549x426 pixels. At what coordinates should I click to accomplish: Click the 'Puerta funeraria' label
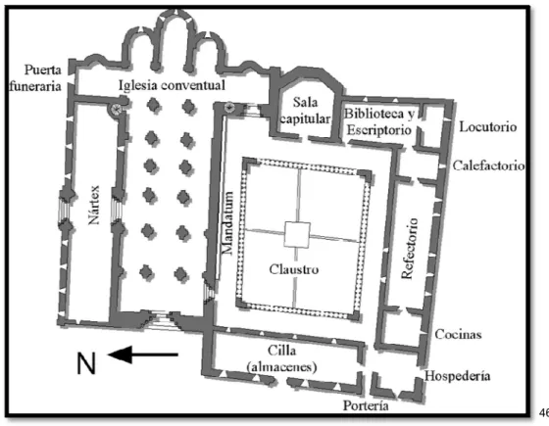point(35,77)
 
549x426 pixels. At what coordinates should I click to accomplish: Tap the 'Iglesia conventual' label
point(172,85)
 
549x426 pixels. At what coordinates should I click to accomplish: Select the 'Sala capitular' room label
point(305,111)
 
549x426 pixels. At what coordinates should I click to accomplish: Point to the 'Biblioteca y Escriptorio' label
point(379,121)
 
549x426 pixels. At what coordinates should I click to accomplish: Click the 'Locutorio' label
point(488,126)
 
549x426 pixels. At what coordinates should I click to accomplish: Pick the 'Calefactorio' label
point(488,166)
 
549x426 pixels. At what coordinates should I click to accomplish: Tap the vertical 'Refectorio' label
point(410,249)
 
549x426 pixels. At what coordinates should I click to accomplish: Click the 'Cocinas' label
point(458,334)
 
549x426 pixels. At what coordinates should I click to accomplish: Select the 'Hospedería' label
point(457,376)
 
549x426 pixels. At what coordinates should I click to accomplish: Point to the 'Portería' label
point(366,405)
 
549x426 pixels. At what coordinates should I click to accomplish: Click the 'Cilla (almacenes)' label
point(282,358)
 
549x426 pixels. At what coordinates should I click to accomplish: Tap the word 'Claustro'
point(294,269)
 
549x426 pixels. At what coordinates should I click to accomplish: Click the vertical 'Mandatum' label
point(227,223)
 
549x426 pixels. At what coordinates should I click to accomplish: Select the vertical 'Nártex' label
point(94,205)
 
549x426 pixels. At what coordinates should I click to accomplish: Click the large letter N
point(86,363)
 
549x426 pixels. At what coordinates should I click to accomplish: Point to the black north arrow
point(143,355)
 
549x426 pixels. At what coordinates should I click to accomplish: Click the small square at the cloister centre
point(297,235)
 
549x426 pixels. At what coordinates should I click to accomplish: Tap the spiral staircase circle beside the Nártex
point(116,110)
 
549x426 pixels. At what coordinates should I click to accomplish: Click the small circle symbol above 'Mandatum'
point(229,107)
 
